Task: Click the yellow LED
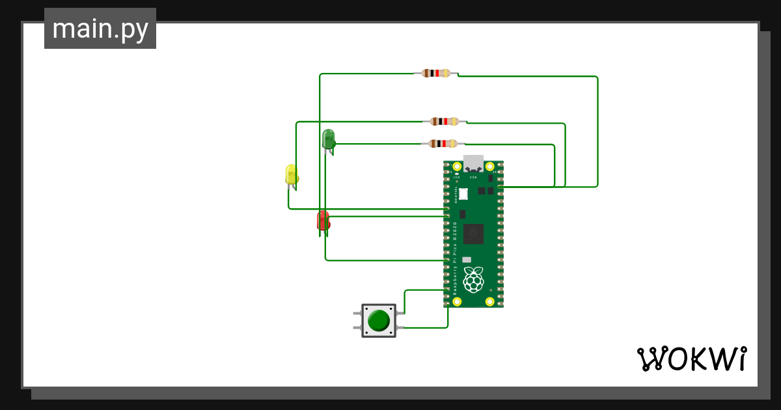(x=292, y=174)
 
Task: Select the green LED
(x=329, y=138)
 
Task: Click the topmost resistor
(x=436, y=73)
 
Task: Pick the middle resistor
(x=445, y=121)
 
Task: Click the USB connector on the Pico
(x=474, y=163)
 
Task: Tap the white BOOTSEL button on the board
(x=464, y=193)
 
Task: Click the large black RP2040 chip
(x=474, y=233)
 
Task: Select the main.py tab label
(x=100, y=29)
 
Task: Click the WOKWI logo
(x=691, y=359)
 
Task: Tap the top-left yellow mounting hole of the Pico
(x=457, y=167)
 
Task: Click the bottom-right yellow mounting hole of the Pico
(x=490, y=301)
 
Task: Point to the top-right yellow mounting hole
(x=490, y=167)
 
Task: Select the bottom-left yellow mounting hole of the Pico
(x=457, y=301)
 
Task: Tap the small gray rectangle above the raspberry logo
(x=467, y=260)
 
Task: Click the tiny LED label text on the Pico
(x=457, y=177)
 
